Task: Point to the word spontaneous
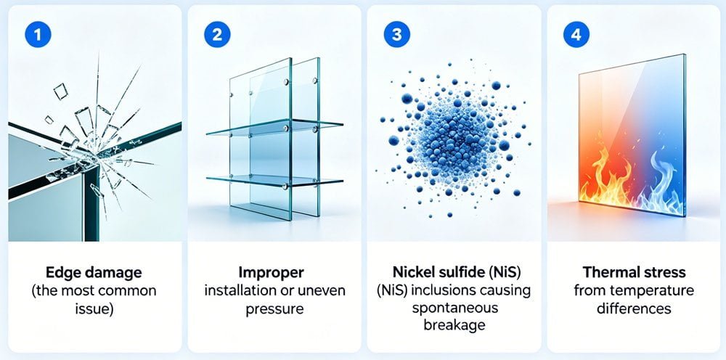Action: (x=454, y=308)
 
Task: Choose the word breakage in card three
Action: (x=454, y=324)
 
